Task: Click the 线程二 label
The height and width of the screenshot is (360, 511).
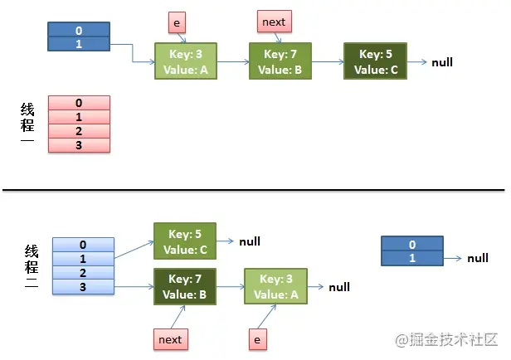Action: click(31, 266)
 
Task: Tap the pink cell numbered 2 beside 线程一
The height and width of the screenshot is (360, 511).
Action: click(79, 131)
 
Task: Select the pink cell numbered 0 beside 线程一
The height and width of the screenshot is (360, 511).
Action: click(79, 103)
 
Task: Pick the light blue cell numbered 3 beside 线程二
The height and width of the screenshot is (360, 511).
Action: click(82, 286)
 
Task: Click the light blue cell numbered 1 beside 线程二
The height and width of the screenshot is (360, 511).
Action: click(82, 259)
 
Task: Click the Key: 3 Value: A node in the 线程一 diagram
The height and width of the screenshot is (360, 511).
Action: click(186, 61)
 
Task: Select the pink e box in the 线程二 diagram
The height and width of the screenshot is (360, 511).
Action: click(257, 338)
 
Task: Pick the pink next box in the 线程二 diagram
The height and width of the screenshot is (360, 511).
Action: click(170, 338)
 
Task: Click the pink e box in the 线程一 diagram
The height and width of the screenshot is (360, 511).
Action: click(177, 21)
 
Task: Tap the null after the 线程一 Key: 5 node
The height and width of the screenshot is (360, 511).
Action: click(442, 63)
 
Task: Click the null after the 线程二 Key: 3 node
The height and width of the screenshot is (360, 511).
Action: click(339, 287)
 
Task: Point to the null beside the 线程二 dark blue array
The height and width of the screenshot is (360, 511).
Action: click(477, 259)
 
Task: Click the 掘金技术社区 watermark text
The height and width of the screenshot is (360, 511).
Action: click(452, 339)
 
